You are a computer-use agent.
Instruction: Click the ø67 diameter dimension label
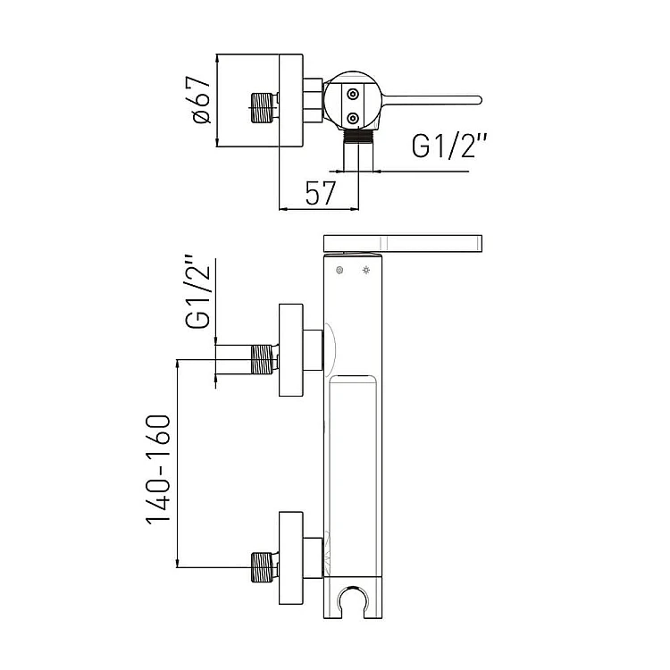[202, 100]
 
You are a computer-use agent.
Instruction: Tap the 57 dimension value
[321, 193]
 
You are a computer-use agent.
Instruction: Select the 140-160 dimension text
[159, 469]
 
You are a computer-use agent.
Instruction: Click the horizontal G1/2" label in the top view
[449, 147]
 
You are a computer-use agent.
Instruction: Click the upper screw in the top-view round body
[353, 94]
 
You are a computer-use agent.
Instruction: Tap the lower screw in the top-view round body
[353, 118]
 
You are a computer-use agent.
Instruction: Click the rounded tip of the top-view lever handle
[479, 100]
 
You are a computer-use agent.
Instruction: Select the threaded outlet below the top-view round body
[358, 136]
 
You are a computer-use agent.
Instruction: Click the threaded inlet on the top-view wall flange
[262, 108]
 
